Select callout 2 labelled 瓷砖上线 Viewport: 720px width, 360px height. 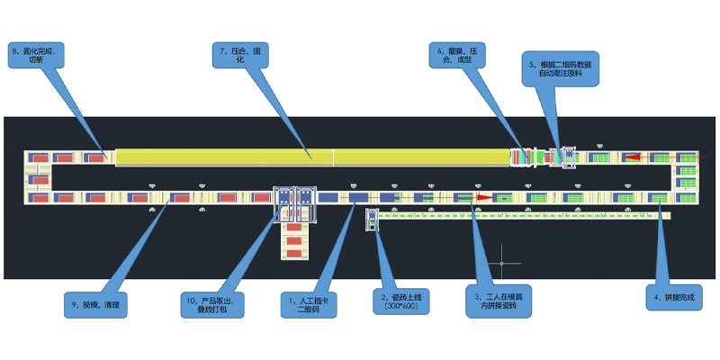coord(402,301)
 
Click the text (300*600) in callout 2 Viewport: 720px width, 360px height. coord(402,307)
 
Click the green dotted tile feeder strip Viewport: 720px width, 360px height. coord(522,216)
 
